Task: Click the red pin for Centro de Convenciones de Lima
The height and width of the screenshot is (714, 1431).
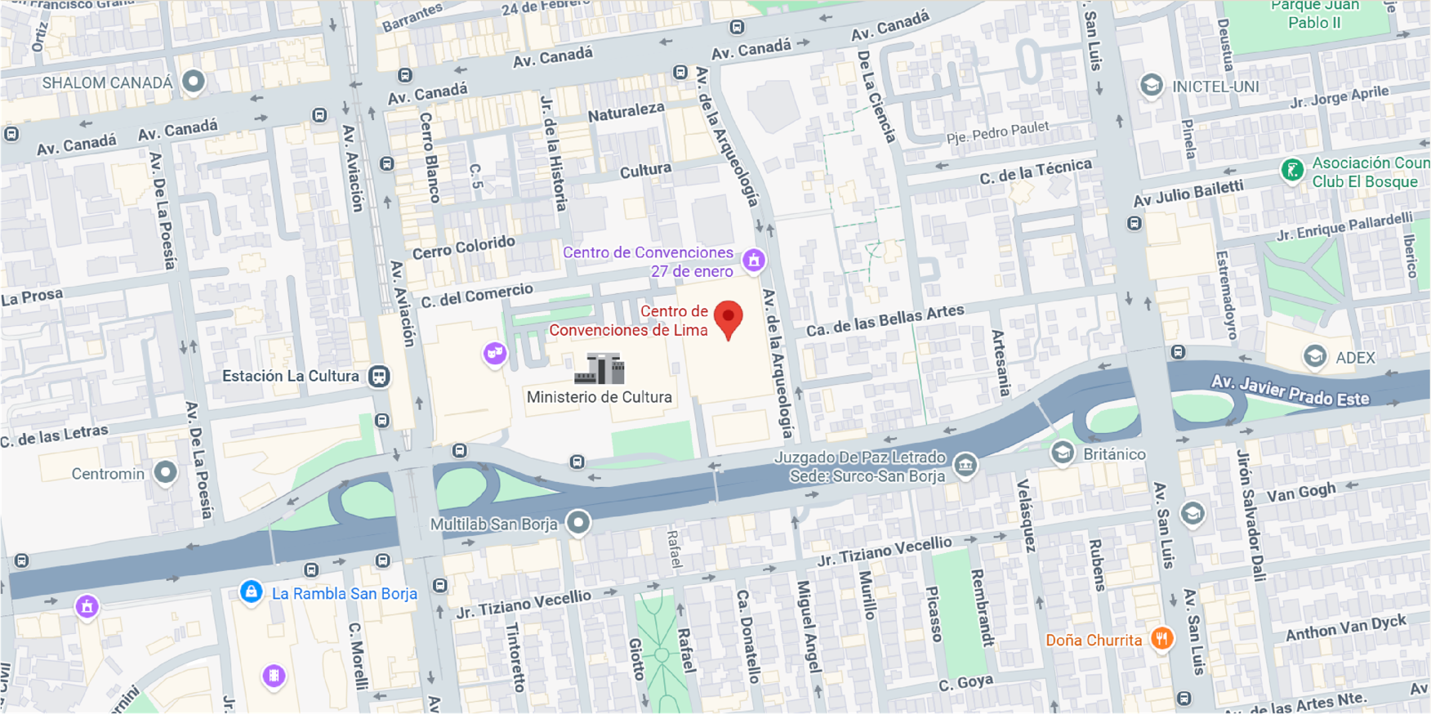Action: [x=728, y=318]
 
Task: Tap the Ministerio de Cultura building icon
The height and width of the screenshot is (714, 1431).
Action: [x=600, y=369]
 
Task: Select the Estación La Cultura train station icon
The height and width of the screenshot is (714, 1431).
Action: [x=379, y=377]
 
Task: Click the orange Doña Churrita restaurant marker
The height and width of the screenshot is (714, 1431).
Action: [x=1161, y=638]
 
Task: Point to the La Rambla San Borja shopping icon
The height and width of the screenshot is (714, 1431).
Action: [x=252, y=592]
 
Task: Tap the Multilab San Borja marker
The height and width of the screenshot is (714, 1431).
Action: [x=578, y=523]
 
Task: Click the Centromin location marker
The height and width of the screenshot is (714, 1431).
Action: [x=166, y=472]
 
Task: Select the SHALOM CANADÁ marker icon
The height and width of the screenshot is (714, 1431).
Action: [x=194, y=82]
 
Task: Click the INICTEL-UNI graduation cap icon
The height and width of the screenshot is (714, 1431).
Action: [x=1151, y=85]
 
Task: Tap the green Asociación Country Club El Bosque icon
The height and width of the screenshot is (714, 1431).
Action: [x=1291, y=171]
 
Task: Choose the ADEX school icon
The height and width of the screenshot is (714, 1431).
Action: [x=1314, y=356]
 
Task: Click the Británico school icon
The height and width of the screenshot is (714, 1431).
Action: [x=1062, y=453]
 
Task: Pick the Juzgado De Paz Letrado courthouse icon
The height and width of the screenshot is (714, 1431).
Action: [x=965, y=465]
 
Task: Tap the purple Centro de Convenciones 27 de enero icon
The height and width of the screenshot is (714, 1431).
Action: [x=754, y=261]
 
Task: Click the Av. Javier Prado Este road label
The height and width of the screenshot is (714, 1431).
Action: [x=1290, y=391]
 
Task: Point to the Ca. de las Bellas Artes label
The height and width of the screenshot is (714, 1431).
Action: [x=885, y=320]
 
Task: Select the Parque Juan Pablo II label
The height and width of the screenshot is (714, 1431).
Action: [x=1314, y=14]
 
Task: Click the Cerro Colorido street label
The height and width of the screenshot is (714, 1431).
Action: [x=464, y=247]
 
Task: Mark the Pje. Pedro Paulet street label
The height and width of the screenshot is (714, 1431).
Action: [x=997, y=133]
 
